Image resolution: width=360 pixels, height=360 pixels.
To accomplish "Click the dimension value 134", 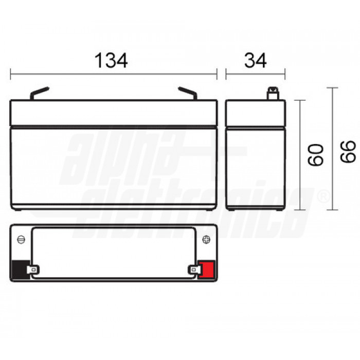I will click(111, 61).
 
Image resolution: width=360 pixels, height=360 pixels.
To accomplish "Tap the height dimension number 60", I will click(315, 155).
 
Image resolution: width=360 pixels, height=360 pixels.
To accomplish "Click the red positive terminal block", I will click(208, 269).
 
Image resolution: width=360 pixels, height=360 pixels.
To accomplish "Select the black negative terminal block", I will click(19, 269).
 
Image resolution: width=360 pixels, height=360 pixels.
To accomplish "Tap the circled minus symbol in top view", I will click(21, 240).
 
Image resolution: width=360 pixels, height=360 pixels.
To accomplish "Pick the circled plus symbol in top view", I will click(206, 240).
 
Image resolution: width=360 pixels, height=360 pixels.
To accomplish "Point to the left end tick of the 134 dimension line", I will click(10, 75).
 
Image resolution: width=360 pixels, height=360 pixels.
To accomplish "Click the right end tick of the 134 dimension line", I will click(217, 75).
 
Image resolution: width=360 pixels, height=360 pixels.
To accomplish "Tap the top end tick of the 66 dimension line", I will click(333, 88).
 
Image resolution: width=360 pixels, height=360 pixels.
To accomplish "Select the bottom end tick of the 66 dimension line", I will click(333, 210).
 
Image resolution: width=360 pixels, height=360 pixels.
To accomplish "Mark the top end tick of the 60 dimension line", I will click(301, 100).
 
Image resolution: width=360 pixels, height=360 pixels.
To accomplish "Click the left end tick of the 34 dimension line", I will click(226, 75).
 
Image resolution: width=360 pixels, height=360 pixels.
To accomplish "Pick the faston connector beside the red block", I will click(195, 268).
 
